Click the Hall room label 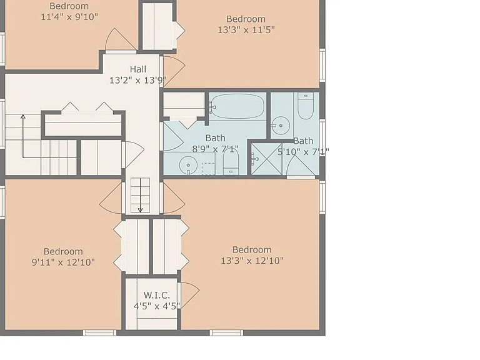click(x=137, y=69)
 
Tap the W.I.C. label click(x=157, y=296)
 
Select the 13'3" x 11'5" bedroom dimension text click(x=246, y=30)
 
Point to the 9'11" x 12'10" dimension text click(x=63, y=262)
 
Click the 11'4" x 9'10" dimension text click(x=69, y=17)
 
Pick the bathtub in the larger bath click(x=237, y=106)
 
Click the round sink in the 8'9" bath click(x=188, y=165)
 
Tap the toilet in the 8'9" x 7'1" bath click(x=231, y=162)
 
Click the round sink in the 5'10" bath click(x=281, y=126)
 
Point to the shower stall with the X click(x=266, y=159)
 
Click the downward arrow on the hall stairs click(x=140, y=195)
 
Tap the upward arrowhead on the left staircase click(x=22, y=116)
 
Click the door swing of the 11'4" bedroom click(x=121, y=39)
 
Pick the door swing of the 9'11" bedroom click(x=111, y=198)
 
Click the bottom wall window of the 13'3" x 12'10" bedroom click(x=226, y=332)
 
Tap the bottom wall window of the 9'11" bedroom click(x=100, y=332)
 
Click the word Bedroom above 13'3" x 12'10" click(x=252, y=250)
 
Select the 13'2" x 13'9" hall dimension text click(x=138, y=81)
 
